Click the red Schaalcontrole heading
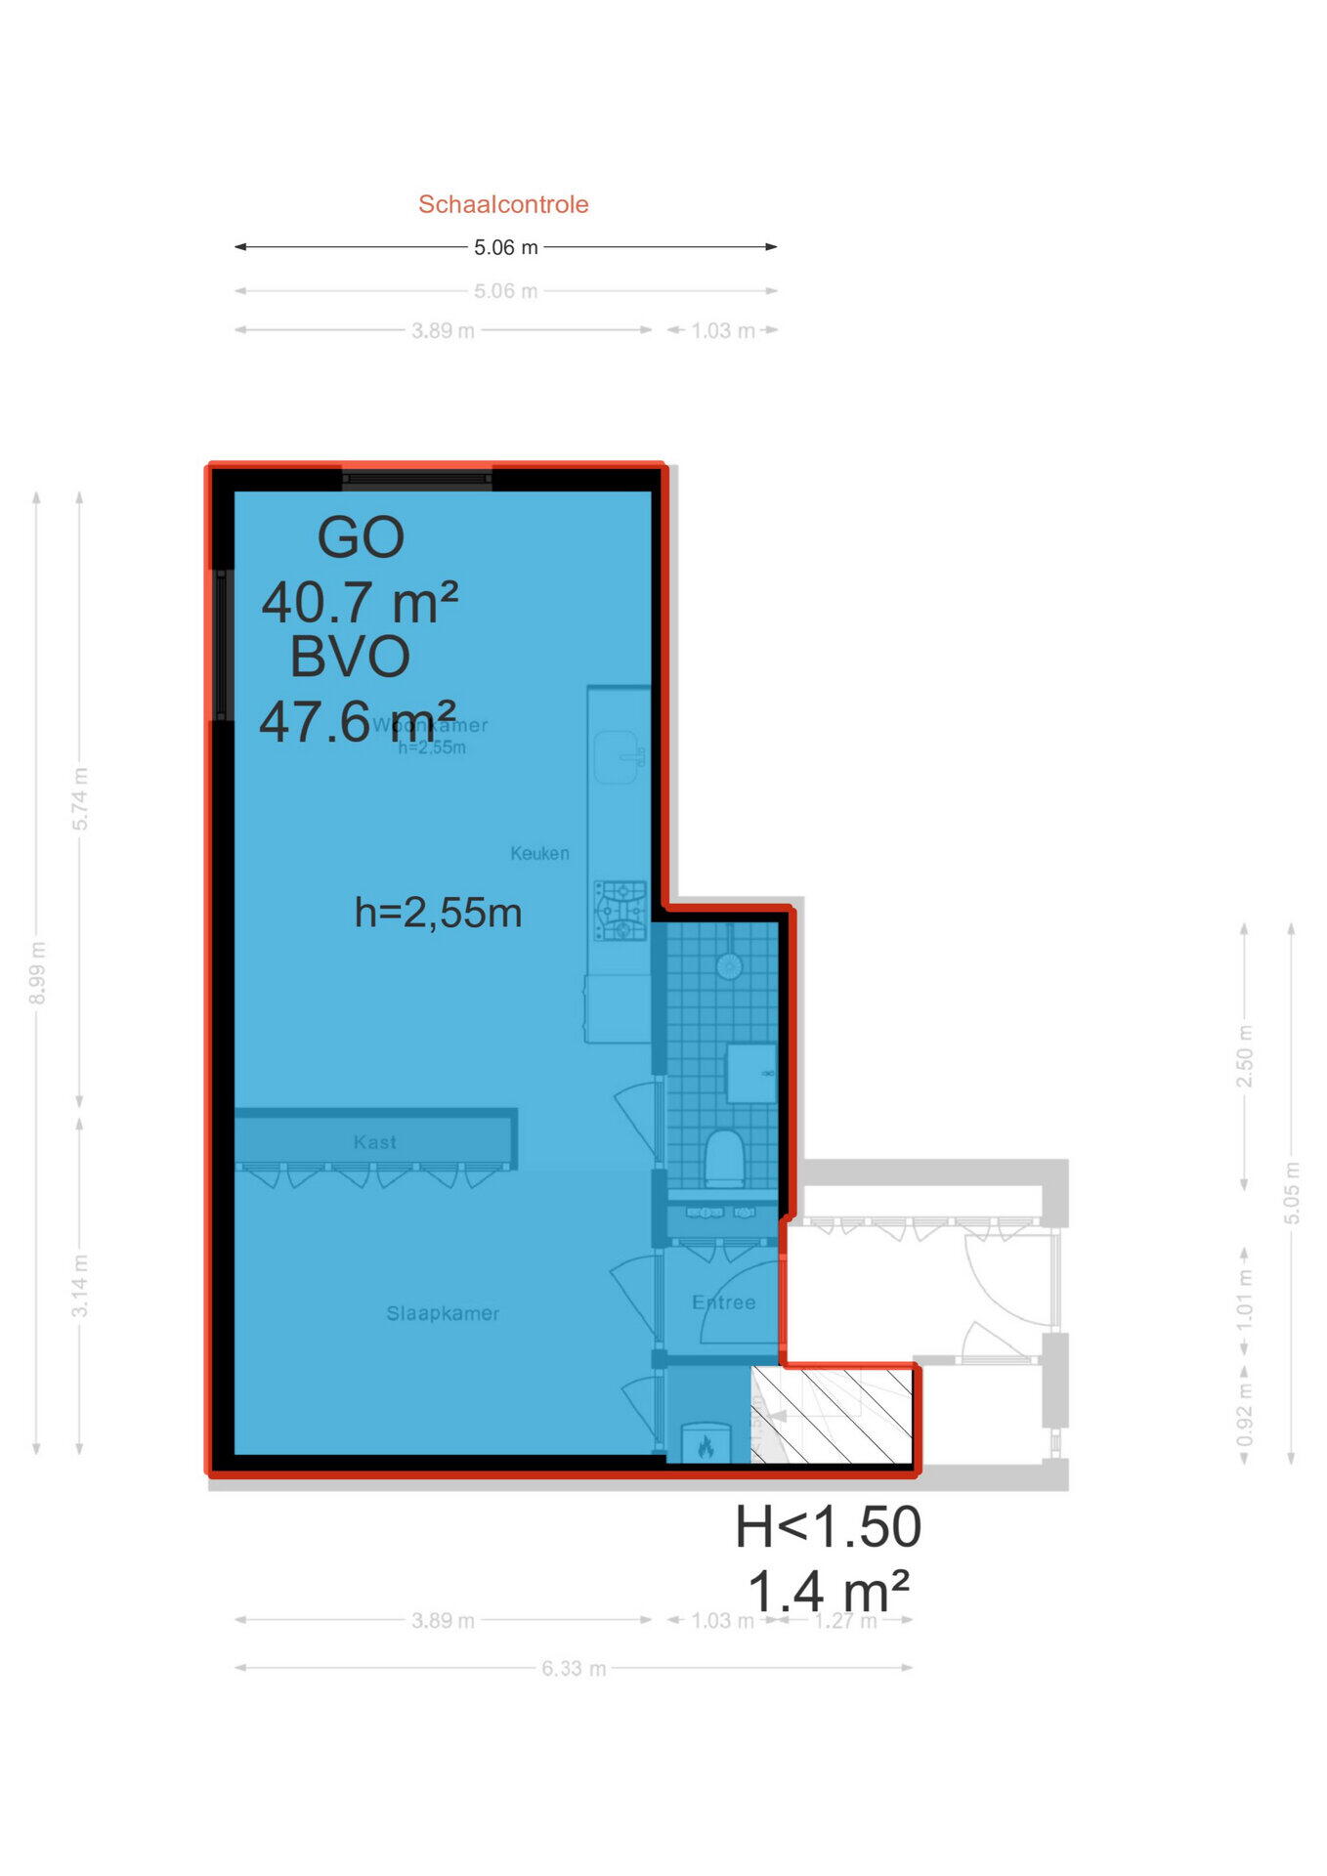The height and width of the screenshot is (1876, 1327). coord(503,204)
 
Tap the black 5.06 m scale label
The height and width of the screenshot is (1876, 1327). coord(505,247)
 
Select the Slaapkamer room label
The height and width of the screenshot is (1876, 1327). coord(443,1313)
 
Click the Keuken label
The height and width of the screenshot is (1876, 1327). coord(539,853)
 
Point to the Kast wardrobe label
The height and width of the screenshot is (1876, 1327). coord(375,1141)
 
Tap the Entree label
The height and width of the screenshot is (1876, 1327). coord(723,1302)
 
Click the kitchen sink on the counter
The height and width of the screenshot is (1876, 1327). coord(619,756)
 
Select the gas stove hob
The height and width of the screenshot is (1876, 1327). coord(621,911)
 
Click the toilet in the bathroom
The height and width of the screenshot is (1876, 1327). coord(724,1159)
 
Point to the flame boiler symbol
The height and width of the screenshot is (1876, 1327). coord(706,1446)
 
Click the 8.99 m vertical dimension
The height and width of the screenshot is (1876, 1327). coord(37,972)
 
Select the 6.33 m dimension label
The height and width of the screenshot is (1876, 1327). coord(574,1668)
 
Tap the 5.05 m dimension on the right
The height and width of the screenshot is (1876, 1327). coord(1292,1192)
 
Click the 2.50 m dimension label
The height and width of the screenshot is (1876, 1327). coord(1244,1056)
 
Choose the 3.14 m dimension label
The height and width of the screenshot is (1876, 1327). coord(80,1286)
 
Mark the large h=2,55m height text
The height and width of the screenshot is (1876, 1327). coord(438,913)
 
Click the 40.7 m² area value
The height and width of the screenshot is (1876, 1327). coord(360,602)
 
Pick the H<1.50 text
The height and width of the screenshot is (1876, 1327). coord(828,1527)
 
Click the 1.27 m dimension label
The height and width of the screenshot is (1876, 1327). coord(846,1621)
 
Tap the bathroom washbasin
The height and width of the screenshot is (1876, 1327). coord(750,1073)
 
